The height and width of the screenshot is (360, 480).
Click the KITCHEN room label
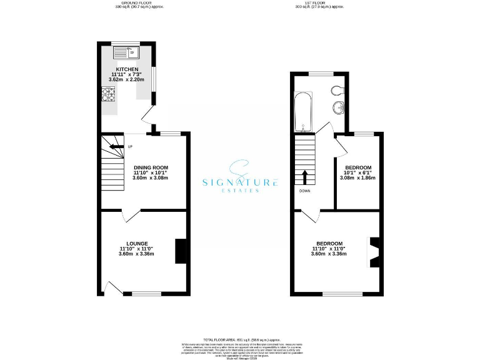[127, 69]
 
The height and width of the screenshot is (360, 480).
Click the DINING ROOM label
[151, 167]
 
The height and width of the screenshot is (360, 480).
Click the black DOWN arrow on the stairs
[304, 176]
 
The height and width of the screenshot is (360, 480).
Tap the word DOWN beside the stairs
[305, 191]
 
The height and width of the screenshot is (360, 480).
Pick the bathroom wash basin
[340, 107]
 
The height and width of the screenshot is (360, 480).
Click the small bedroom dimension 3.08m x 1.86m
[358, 178]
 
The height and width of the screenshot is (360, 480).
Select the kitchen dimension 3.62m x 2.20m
[127, 80]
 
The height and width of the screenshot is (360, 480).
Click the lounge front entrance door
[112, 287]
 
